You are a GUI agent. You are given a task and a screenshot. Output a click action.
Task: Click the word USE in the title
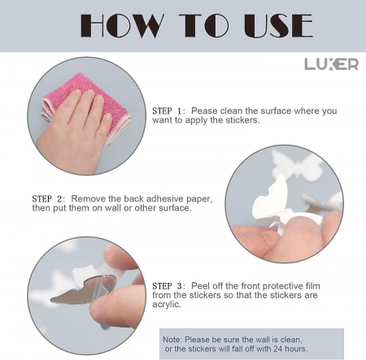click(278, 26)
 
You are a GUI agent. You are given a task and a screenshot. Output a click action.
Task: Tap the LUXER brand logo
click(331, 64)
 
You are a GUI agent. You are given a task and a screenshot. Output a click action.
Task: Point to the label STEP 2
click(48, 199)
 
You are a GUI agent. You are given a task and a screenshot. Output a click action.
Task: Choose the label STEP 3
click(168, 286)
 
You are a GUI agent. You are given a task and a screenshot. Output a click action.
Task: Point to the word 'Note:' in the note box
click(172, 340)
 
